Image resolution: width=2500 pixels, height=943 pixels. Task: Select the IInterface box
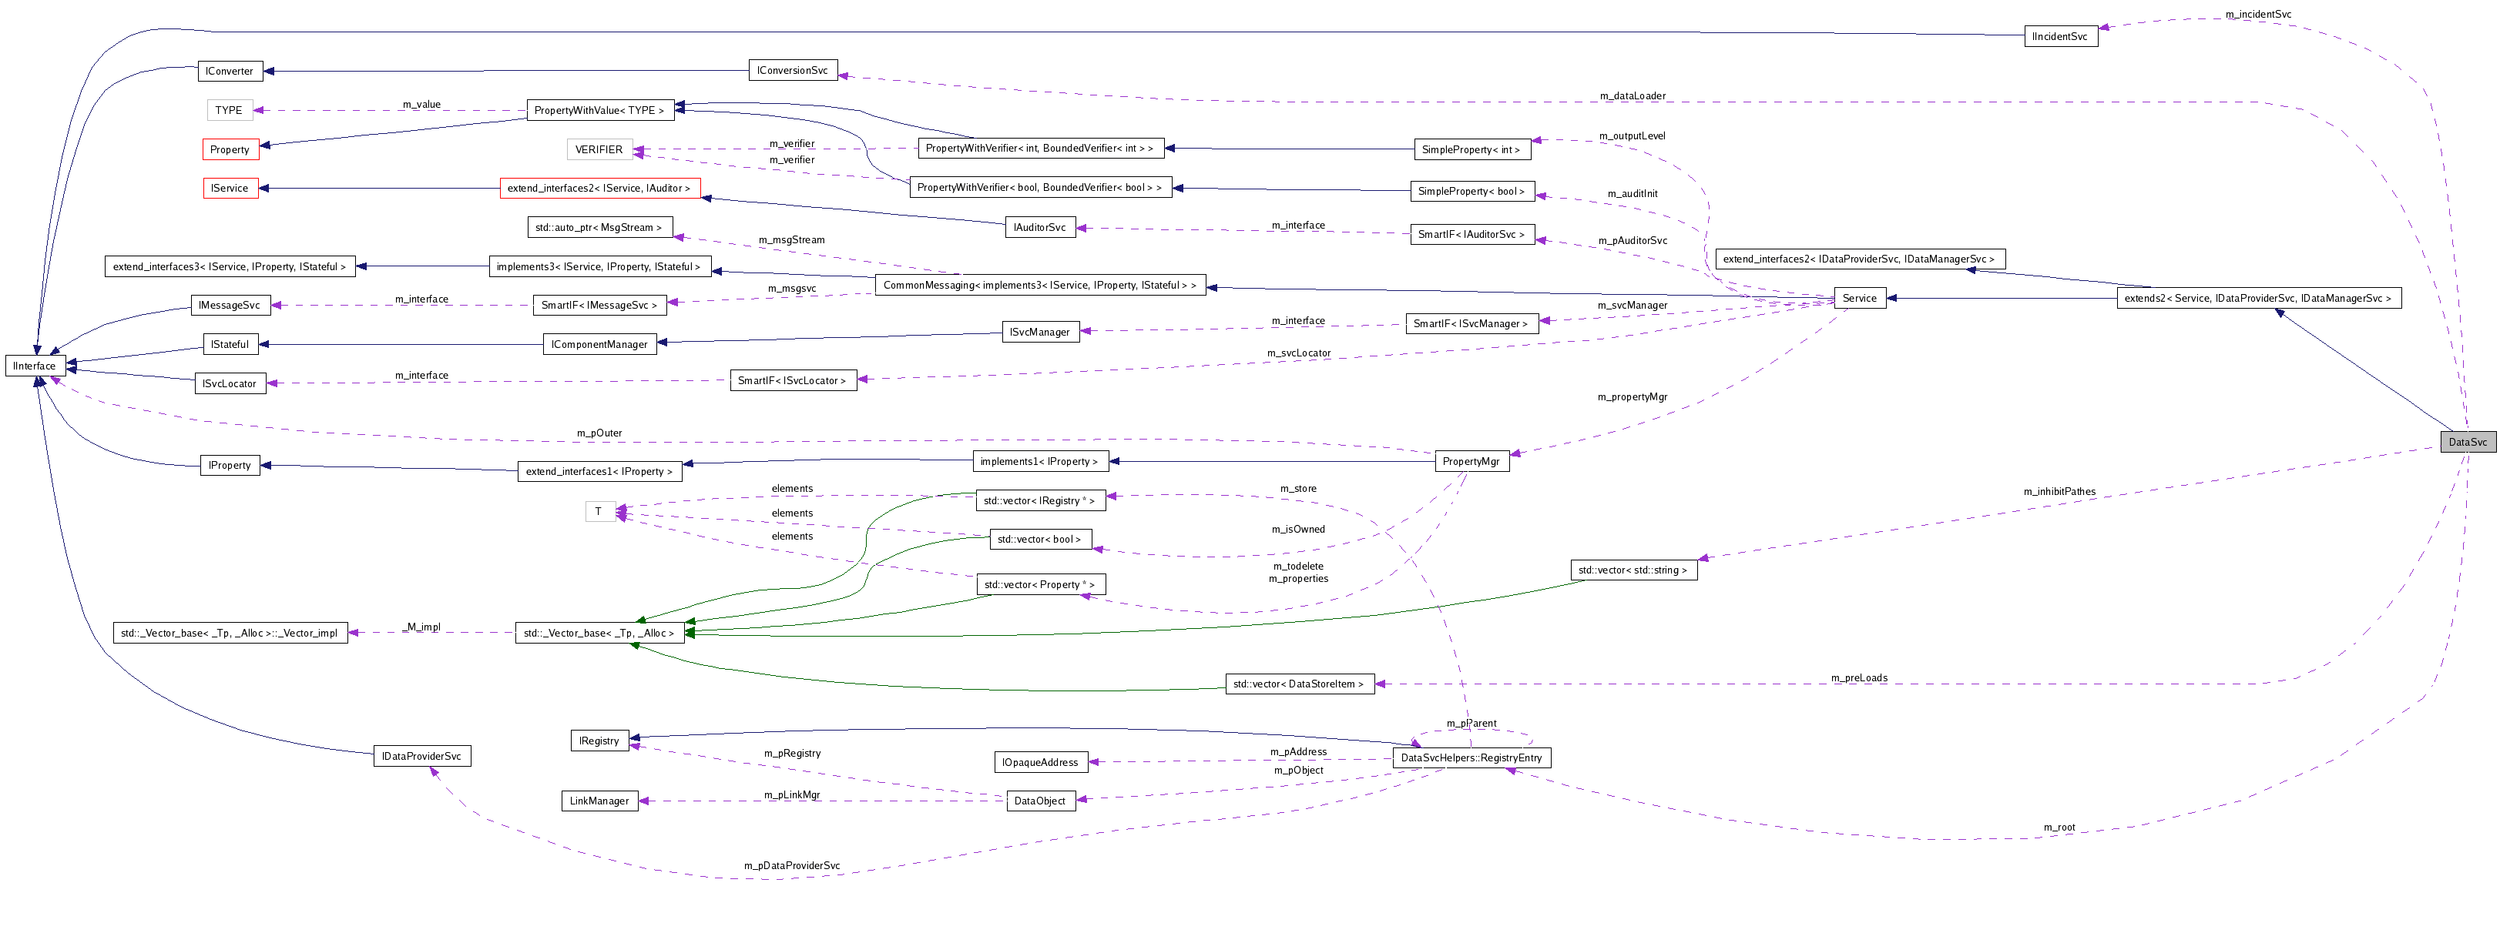coord(35,366)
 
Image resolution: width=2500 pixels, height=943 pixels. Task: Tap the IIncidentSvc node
coord(2059,37)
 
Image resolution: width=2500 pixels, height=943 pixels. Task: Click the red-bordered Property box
coord(230,149)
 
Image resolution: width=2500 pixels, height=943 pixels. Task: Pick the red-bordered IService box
coord(230,188)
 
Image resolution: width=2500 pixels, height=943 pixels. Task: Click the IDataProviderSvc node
coord(421,757)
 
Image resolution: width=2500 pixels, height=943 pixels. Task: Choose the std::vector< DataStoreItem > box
coord(1298,685)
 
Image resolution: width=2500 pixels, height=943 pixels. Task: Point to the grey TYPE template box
coord(229,111)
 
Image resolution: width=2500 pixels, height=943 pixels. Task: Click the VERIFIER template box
coord(599,149)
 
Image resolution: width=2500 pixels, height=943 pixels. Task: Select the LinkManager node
coord(599,801)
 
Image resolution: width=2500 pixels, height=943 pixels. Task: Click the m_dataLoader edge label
coord(1633,96)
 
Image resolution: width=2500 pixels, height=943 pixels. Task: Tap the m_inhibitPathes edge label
coord(2059,492)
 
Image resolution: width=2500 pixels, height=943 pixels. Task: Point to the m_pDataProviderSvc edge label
coord(792,866)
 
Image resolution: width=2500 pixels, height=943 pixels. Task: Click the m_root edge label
coord(2059,828)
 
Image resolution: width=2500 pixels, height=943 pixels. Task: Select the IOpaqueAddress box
coord(1039,763)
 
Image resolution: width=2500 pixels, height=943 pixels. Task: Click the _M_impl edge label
coord(423,627)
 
